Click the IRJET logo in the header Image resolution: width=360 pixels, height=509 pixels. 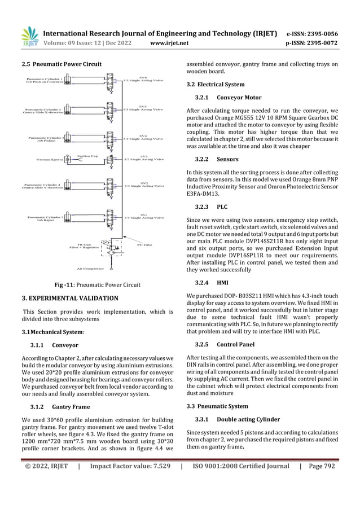tap(29, 35)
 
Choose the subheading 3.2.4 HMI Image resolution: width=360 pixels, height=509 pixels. tap(212, 282)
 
